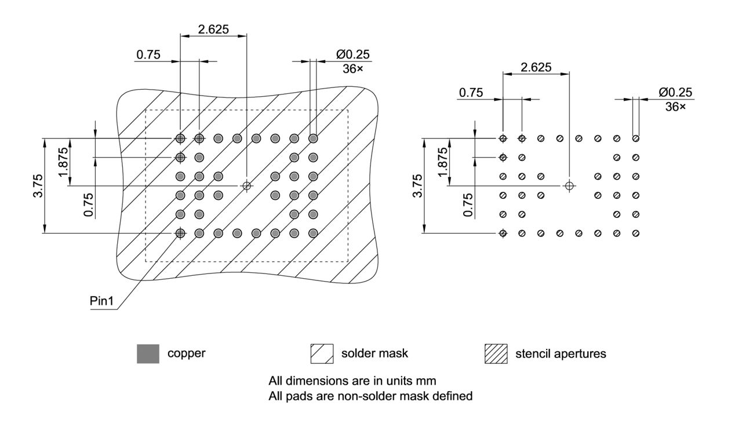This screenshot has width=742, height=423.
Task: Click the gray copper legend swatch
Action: pos(148,353)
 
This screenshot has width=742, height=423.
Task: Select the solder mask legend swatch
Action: pos(322,353)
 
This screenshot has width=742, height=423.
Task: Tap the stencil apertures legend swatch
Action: pos(496,353)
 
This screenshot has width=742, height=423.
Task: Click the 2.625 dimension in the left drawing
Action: pos(213,29)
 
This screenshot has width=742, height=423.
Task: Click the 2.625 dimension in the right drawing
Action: pos(536,67)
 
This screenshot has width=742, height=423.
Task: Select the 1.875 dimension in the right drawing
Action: pos(442,162)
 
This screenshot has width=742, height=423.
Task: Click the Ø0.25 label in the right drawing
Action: pos(675,93)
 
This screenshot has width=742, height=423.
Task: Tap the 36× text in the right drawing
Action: pos(675,107)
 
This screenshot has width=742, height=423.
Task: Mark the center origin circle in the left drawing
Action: pos(247,185)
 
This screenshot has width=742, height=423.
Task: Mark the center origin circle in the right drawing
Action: pos(569,185)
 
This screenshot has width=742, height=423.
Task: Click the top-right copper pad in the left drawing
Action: pos(313,138)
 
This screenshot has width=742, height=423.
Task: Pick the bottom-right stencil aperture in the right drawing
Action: pos(636,233)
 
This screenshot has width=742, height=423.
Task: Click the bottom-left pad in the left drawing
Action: pos(180,233)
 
